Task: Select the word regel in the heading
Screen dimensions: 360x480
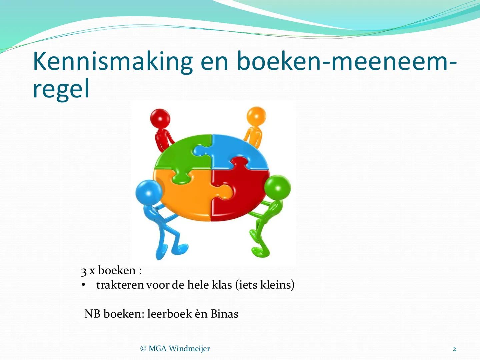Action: (x=61, y=89)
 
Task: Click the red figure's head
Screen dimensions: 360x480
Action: (x=160, y=119)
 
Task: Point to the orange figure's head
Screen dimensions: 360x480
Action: (x=256, y=116)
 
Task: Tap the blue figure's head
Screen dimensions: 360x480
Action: (x=149, y=192)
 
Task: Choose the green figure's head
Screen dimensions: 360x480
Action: (x=277, y=187)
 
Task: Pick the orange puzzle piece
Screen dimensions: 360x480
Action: (x=187, y=197)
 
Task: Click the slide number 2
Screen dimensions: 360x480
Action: (x=454, y=349)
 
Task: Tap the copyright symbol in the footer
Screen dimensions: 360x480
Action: (x=143, y=349)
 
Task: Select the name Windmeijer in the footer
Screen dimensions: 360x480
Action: (x=189, y=349)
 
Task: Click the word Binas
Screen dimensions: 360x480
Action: (x=224, y=314)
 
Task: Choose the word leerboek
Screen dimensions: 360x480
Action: (x=169, y=314)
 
